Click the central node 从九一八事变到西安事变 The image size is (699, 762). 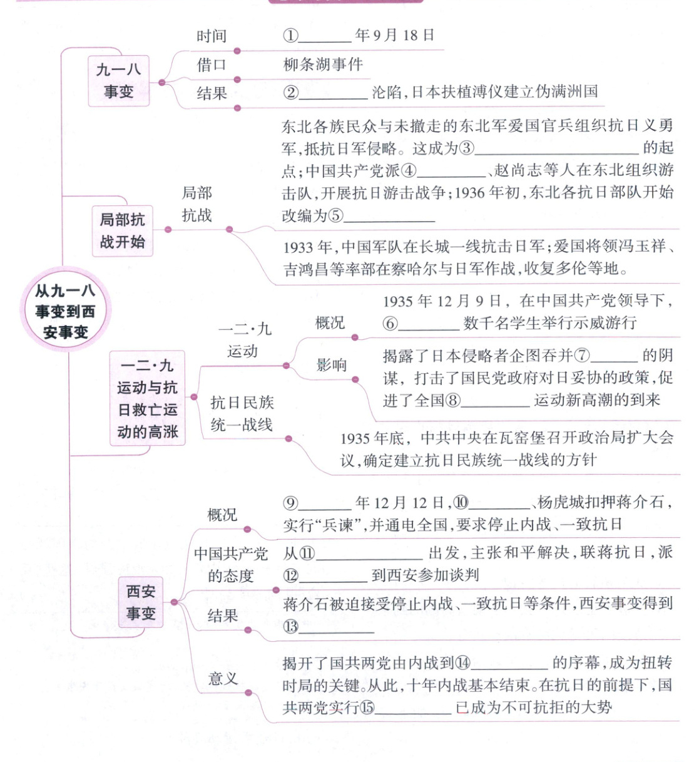coord(64,311)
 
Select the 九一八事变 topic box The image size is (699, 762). coord(118,80)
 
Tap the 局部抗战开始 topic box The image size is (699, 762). coord(122,230)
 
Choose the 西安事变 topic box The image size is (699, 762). coord(141,602)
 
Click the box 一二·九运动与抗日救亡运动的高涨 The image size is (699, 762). coord(148,398)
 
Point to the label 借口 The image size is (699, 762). coord(212,64)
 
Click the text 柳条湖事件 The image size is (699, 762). coord(323,64)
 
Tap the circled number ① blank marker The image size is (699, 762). coord(290,36)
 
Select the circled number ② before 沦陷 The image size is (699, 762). coord(290,93)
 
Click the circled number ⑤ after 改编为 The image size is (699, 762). coord(336,216)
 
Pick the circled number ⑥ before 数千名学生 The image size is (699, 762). coord(390,323)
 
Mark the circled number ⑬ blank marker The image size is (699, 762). coord(290,626)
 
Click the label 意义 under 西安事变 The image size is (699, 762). coord(223,678)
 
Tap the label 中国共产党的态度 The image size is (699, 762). coord(231,565)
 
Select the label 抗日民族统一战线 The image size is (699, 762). coord(242,413)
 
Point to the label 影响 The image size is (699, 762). coord(331,364)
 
